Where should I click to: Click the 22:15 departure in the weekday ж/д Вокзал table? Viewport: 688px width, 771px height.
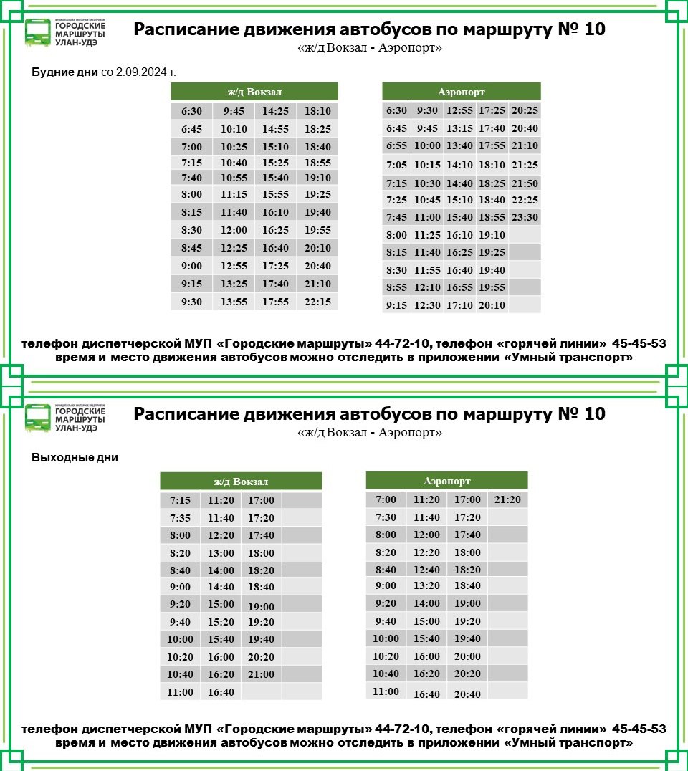317,302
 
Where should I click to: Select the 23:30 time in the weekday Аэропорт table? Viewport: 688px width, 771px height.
525,218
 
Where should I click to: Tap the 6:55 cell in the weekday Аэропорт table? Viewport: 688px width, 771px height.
396,146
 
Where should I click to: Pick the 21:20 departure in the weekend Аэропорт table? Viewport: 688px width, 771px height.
507,500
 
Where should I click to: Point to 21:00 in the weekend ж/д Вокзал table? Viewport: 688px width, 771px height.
261,675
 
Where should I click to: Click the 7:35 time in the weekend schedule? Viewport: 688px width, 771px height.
181,518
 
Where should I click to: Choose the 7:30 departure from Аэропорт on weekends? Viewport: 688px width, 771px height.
386,517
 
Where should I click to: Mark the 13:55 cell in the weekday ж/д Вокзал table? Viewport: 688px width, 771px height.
234,302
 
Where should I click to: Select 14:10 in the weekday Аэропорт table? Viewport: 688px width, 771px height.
459,165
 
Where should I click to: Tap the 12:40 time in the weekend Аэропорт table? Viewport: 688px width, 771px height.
426,570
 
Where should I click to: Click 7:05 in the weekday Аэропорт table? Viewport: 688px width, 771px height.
396,165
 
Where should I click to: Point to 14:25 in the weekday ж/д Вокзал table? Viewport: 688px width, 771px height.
275,112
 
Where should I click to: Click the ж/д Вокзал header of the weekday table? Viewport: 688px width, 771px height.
254,92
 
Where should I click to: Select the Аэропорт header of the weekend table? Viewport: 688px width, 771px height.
446,481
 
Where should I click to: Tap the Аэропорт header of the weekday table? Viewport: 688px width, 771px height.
461,92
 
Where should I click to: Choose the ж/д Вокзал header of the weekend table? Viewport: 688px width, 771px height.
241,482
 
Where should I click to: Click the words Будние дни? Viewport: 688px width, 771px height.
64,72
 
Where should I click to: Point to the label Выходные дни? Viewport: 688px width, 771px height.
75,458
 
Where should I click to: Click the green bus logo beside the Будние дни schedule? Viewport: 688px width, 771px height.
37,32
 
